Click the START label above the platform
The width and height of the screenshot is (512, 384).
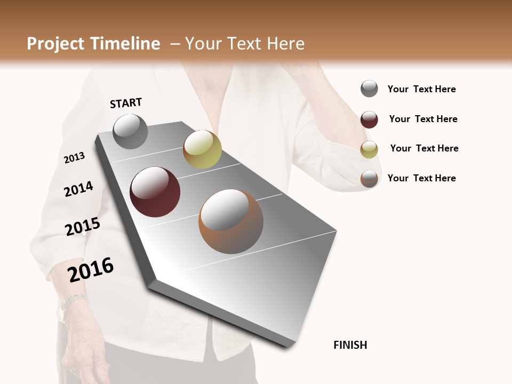[126, 103]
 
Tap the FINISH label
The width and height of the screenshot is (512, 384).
[350, 345]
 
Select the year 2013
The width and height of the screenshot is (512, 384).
[75, 158]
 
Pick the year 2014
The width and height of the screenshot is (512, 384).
[78, 189]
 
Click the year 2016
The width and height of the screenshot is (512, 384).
[91, 270]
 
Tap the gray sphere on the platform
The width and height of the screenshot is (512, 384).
[131, 131]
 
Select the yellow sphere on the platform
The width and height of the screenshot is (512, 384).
[202, 149]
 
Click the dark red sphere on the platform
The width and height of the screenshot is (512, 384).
[155, 192]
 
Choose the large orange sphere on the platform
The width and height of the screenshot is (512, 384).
[231, 221]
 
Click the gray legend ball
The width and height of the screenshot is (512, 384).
[369, 89]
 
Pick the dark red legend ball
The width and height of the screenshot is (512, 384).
[369, 119]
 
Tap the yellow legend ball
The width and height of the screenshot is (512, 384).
[369, 149]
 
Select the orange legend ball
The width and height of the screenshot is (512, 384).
[369, 179]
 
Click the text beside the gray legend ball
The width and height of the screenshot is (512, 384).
[421, 90]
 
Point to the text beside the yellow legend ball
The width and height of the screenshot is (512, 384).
[424, 148]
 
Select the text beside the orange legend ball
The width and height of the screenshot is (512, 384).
[421, 178]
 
